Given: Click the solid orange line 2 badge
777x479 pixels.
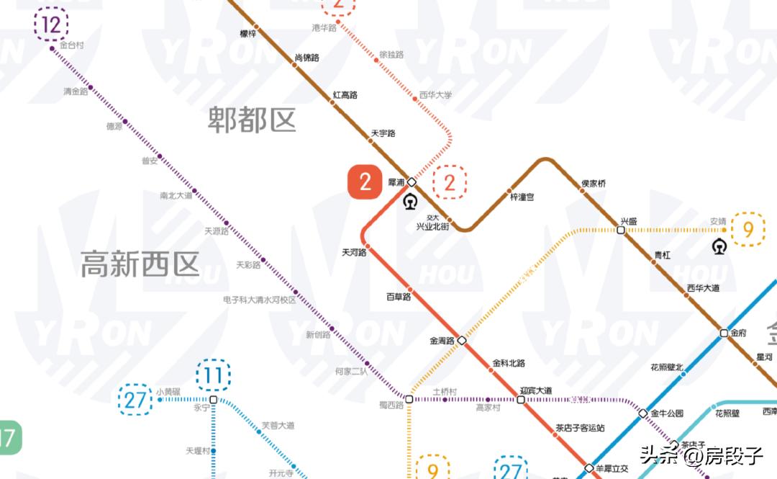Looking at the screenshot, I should [x=365, y=182].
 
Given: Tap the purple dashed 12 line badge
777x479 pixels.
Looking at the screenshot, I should [x=51, y=24].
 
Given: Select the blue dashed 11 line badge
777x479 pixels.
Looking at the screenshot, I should [x=213, y=375].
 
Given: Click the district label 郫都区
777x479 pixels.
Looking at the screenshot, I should [x=252, y=120].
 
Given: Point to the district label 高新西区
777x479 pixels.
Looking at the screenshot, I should [x=140, y=264].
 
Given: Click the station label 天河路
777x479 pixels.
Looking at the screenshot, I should [x=354, y=253].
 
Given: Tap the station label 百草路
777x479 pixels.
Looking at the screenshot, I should [x=399, y=296].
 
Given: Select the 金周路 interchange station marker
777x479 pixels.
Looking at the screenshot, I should [x=462, y=340].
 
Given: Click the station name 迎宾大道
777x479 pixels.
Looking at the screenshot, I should [x=535, y=390].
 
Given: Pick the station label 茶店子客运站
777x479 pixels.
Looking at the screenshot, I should [x=580, y=428].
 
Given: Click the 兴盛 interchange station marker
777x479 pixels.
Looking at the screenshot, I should [x=621, y=230].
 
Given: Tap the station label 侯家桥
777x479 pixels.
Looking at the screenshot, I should [x=594, y=184].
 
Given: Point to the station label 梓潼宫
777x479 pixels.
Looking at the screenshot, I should [x=522, y=197].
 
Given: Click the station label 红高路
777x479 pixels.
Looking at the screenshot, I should [x=345, y=95].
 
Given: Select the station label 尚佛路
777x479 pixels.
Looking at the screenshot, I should [x=307, y=58].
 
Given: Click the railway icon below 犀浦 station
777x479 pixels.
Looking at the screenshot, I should [x=411, y=201].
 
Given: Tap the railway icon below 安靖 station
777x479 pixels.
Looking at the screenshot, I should [x=719, y=246].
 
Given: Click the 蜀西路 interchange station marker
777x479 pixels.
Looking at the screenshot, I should [x=409, y=399].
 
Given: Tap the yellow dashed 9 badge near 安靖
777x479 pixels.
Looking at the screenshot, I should [x=748, y=230].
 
